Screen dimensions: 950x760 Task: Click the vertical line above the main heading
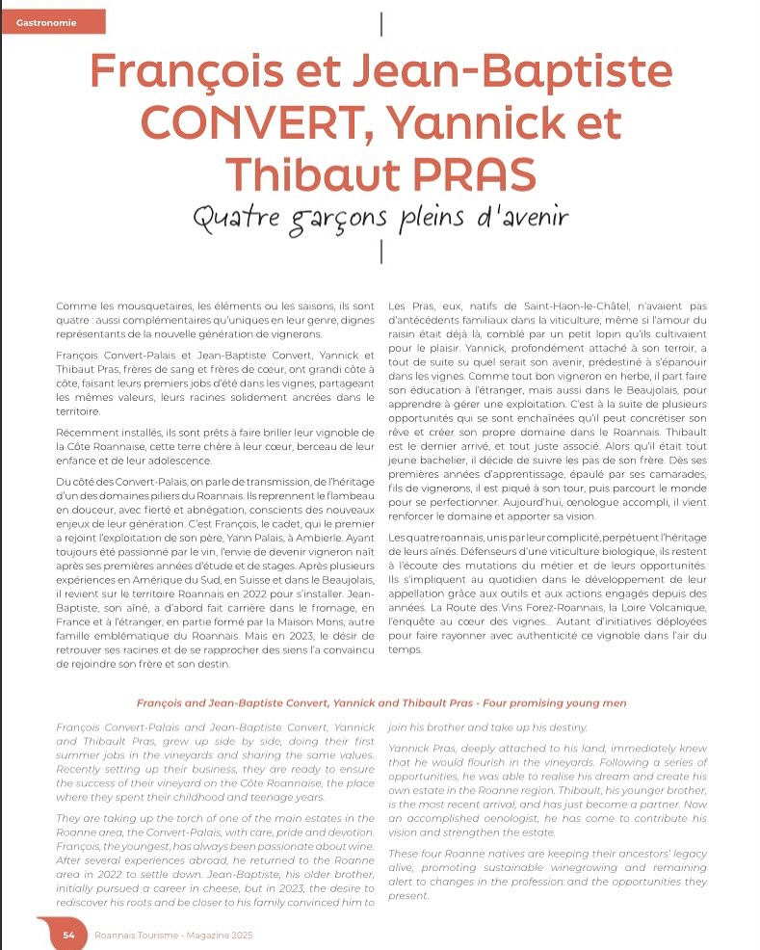[383, 23]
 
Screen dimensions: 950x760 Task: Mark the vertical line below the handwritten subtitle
[383, 251]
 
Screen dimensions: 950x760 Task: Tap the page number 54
[69, 934]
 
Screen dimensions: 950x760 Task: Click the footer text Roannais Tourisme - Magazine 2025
[173, 934]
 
